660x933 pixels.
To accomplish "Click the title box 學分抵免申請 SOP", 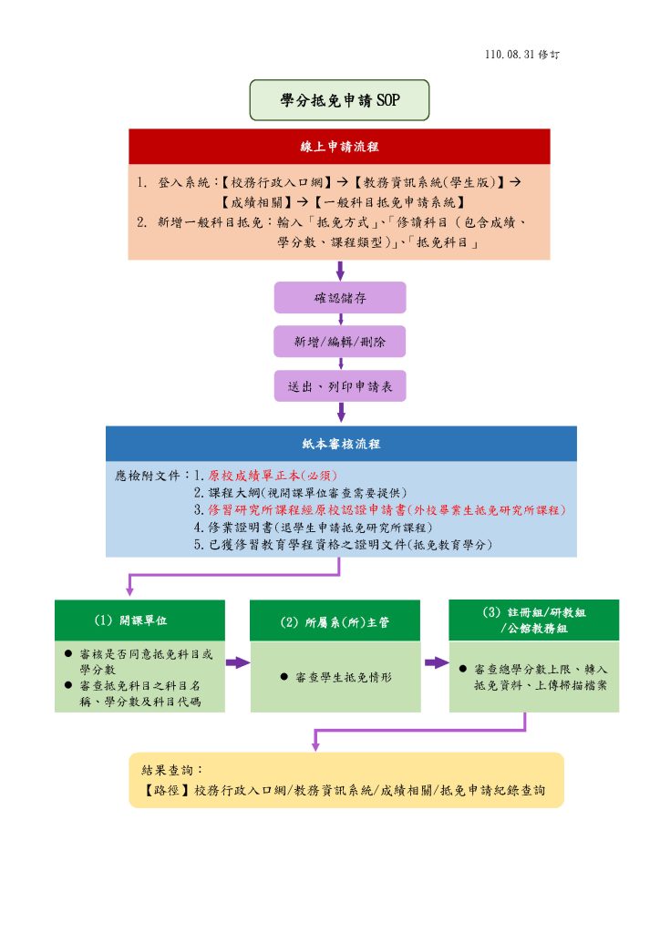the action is pos(339,100).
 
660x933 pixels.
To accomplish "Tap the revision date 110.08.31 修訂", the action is pos(522,55).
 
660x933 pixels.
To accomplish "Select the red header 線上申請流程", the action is pos(339,147).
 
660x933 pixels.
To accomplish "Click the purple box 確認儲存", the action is pos(340,298).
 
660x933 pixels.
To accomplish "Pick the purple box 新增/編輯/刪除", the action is pos(340,342).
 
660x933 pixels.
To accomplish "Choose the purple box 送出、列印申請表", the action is pos(340,386).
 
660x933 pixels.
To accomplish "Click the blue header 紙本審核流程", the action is pos(341,444).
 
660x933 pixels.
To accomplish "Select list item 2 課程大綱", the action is pos(301,493).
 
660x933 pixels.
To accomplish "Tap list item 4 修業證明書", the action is pos(313,528).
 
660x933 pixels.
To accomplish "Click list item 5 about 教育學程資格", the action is pos(344,545).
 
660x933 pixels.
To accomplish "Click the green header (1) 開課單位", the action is pos(139,620).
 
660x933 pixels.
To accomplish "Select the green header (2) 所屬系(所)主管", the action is pos(335,620).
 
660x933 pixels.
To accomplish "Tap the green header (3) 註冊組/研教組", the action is pos(534,620).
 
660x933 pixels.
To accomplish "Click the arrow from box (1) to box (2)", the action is pos(237,663).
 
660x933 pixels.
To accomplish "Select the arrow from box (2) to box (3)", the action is pos(437,663).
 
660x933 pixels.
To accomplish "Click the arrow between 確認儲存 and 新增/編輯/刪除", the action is pos(340,320).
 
